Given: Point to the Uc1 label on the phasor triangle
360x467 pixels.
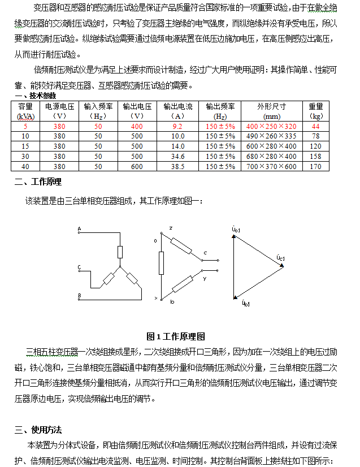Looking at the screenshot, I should [280, 258].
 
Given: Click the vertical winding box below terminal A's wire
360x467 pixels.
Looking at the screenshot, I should [120, 253].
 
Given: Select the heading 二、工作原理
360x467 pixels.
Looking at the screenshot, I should [38, 182].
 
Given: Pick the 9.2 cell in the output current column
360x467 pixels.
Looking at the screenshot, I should [177, 126].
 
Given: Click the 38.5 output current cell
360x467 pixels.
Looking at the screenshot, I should [177, 167].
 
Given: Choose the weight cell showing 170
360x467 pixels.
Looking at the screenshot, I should [316, 167].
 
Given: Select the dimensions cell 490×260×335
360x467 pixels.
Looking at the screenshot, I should [272, 136].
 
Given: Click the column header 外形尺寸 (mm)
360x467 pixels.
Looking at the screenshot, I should [272, 110].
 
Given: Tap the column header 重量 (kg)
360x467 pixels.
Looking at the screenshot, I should [316, 110].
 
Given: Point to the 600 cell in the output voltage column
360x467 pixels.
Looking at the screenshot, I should [137, 167].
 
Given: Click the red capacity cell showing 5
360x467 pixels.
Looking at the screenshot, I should [25, 126].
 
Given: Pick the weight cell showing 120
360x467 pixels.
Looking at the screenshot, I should [316, 146].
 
